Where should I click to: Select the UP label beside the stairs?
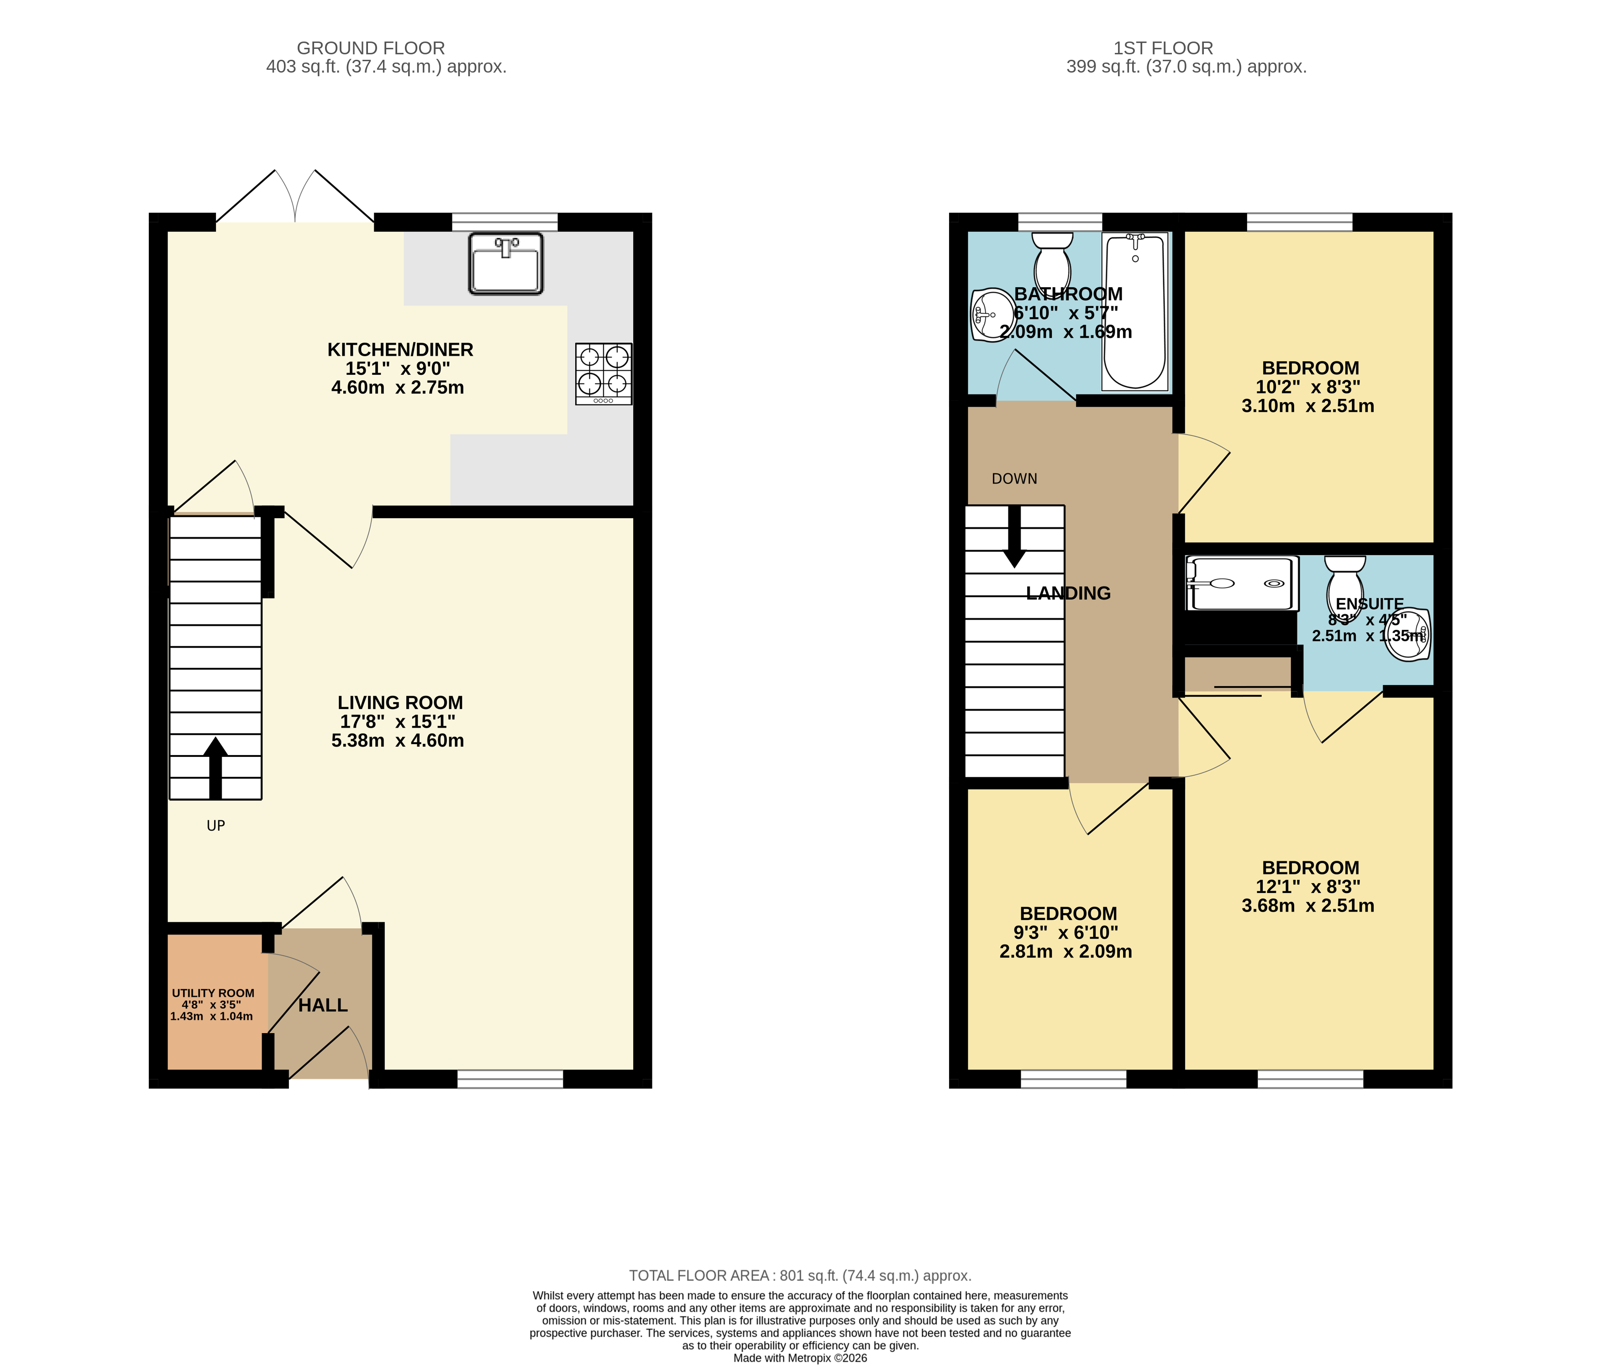click(x=215, y=826)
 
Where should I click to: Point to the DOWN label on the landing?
click(x=1014, y=479)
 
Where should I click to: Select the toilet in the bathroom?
click(x=1052, y=260)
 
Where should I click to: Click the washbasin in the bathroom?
click(x=992, y=315)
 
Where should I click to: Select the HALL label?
click(x=323, y=1005)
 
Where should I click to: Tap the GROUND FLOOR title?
click(x=370, y=48)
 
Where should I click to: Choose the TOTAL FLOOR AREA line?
click(x=800, y=1276)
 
